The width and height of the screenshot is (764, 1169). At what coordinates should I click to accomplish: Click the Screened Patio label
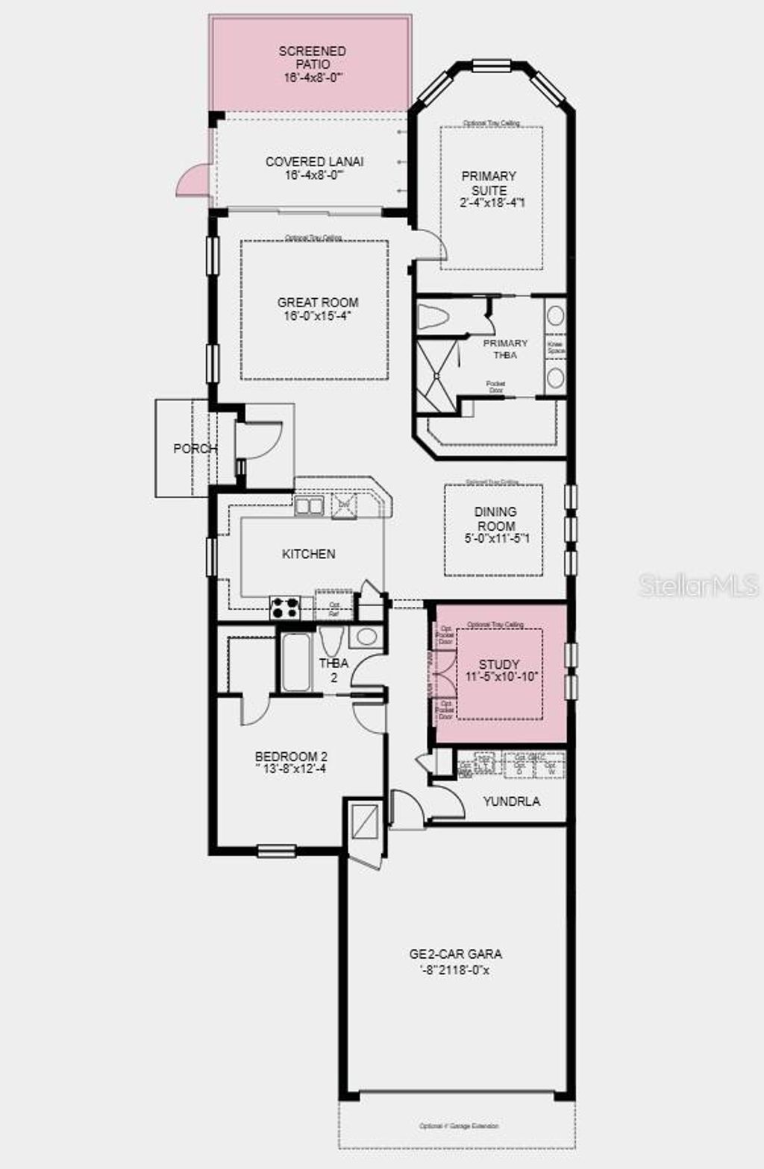(x=313, y=57)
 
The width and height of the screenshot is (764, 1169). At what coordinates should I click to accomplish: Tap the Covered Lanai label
(x=314, y=161)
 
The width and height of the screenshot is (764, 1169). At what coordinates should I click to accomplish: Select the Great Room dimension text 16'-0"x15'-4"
(x=318, y=315)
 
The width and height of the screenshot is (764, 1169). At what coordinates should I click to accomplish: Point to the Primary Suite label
(x=489, y=183)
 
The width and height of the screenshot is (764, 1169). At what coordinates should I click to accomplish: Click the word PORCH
(x=195, y=449)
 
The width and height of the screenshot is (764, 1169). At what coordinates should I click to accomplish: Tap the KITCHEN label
(x=308, y=554)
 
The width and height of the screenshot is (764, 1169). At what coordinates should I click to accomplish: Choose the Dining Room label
(x=495, y=518)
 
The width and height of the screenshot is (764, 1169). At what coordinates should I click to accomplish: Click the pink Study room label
(x=499, y=664)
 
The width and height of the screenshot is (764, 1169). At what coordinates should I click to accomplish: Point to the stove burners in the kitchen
(x=284, y=608)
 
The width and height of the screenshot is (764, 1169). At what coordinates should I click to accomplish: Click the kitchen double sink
(x=309, y=506)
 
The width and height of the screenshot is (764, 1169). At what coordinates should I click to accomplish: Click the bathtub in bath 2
(x=295, y=663)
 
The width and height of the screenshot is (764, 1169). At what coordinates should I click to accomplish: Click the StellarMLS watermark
(x=698, y=585)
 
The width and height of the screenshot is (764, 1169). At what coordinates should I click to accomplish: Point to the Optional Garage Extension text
(x=459, y=1126)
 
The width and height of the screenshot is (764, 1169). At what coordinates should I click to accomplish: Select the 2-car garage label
(x=455, y=954)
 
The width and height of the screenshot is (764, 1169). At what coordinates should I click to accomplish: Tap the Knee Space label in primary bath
(x=556, y=347)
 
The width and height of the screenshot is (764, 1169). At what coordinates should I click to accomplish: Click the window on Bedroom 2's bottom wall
(x=275, y=850)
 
